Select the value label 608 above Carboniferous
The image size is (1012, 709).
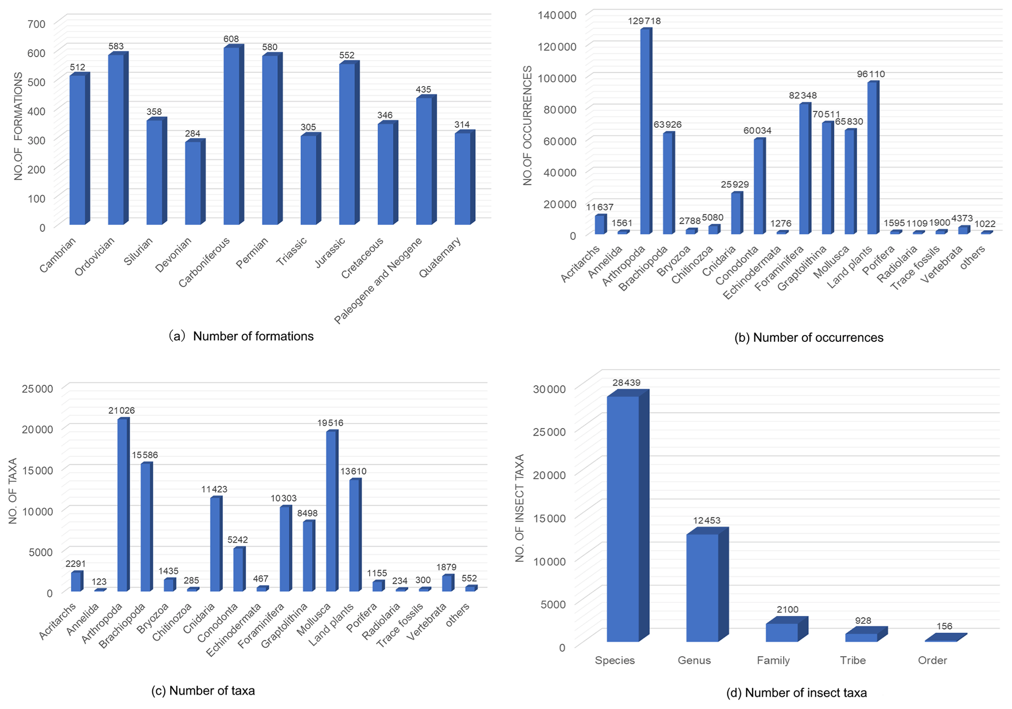231,39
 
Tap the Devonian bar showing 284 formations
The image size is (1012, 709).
193,183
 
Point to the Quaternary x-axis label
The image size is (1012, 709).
441,258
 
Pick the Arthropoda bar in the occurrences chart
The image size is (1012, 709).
646,132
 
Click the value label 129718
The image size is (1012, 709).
644,21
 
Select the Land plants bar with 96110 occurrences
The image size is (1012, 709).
872,159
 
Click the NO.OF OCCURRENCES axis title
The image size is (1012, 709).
527,126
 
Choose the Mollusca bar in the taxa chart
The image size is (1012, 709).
331,512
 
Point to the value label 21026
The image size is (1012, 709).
121,411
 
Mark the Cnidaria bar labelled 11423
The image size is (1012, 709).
215,545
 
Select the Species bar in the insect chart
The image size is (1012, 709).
623,519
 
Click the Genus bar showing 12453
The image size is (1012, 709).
702,588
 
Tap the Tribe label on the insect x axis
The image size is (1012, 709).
852,661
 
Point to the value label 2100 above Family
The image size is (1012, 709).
787,610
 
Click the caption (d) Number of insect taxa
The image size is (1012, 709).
797,693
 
